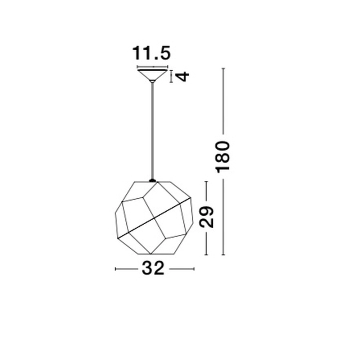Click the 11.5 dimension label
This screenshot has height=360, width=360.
click(151, 53)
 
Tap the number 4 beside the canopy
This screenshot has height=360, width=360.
click(183, 76)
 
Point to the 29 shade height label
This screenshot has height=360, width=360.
click(207, 217)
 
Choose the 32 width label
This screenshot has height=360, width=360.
click(153, 269)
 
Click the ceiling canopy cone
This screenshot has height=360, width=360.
click(153, 75)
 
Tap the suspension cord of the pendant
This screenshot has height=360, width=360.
click(153, 130)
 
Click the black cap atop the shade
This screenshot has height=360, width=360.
click(153, 180)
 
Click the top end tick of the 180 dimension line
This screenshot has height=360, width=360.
click(224, 68)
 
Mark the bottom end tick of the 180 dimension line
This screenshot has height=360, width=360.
click(224, 255)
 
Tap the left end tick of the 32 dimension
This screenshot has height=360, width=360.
click(115, 269)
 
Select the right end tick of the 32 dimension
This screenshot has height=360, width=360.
click(194, 269)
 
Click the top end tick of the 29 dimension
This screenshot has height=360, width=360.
click(206, 181)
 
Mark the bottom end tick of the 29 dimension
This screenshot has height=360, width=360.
click(206, 255)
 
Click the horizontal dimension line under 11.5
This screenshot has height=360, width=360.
click(153, 67)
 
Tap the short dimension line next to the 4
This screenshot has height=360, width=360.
click(172, 76)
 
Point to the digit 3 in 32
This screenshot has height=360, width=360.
click(147, 269)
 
